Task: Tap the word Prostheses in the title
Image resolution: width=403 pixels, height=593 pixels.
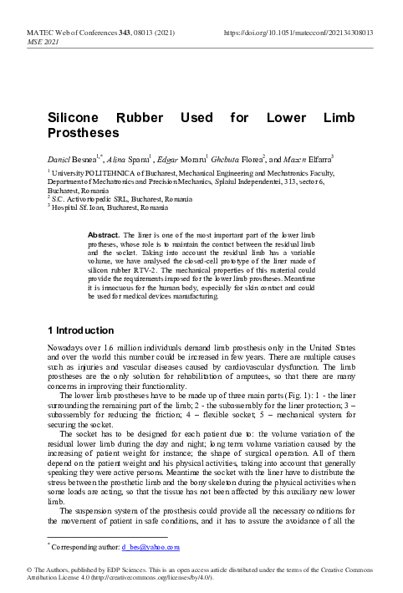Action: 83,134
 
